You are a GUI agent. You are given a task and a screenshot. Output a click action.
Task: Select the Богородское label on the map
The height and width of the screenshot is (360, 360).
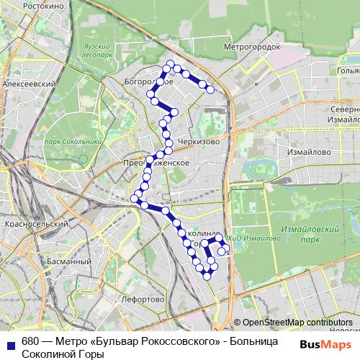(149, 81)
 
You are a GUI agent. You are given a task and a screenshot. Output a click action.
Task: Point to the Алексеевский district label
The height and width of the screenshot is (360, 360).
(30, 84)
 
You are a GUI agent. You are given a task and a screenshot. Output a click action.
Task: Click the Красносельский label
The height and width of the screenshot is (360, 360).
(35, 225)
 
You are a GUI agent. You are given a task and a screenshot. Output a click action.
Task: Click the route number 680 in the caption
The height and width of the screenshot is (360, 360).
(30, 342)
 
